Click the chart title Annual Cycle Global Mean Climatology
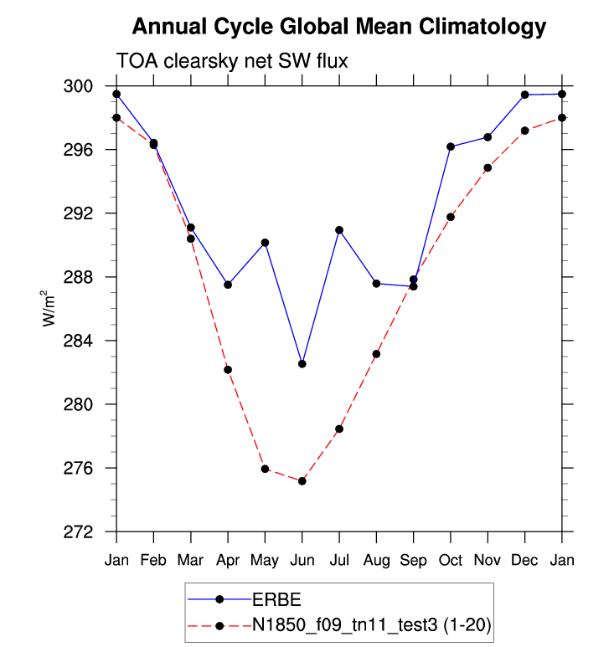pos(339,27)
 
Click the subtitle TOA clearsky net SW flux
pos(231,61)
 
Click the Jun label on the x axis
pos(302,560)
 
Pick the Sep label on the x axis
pos(413,560)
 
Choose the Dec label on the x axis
pos(524,560)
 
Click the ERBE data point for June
pos(302,364)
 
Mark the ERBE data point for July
pos(339,230)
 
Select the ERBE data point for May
pos(265,243)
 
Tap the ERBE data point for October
pos(451,146)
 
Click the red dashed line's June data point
pos(302,481)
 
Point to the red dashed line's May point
pos(265,469)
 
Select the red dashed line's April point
pos(228,370)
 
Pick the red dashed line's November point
pos(488,167)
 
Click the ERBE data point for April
pos(228,285)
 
